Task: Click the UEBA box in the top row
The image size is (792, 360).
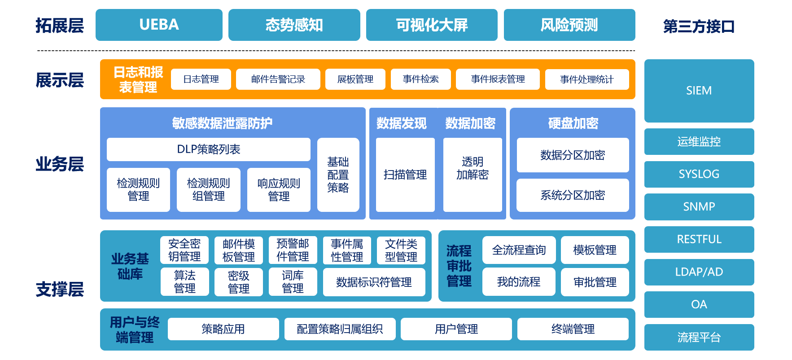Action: point(159,25)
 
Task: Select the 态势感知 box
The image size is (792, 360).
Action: point(294,25)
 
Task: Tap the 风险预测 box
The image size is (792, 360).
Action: point(569,25)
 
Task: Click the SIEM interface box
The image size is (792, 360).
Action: point(699,91)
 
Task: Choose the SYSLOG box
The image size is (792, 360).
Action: point(699,174)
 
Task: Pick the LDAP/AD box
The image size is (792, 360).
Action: point(699,272)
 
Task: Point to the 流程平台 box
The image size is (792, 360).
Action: point(699,337)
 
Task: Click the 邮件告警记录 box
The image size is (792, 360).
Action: point(278,79)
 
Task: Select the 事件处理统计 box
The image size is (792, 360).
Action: point(586,79)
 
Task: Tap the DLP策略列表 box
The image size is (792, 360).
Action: point(208,149)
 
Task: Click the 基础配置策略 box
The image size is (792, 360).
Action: point(338,175)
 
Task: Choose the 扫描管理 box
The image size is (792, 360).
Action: point(405,175)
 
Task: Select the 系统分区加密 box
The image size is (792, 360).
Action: point(572,195)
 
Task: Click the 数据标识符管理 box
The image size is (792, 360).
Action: point(374,282)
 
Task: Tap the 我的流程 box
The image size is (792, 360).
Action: point(519,282)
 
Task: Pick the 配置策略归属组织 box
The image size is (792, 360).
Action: point(340,329)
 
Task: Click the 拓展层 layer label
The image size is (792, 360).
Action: point(60,26)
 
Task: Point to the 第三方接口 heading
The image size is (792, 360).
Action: point(699,26)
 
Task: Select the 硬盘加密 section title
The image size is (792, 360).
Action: point(573,123)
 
